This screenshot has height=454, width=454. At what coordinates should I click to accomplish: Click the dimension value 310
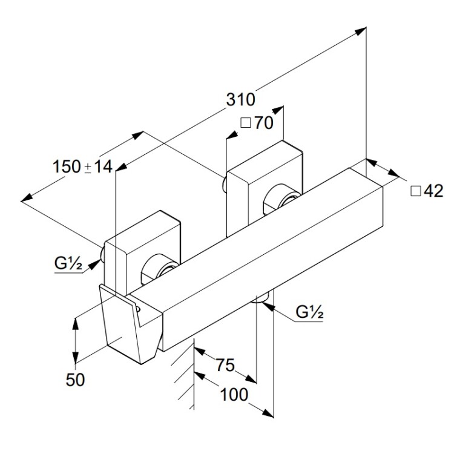pyautogui.click(x=240, y=100)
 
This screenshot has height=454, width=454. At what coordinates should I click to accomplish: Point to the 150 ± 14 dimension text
pyautogui.click(x=83, y=166)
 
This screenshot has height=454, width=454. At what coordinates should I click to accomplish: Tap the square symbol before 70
pyautogui.click(x=246, y=123)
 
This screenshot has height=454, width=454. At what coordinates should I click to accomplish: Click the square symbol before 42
pyautogui.click(x=416, y=191)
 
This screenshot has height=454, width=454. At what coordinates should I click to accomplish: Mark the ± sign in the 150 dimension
pyautogui.click(x=87, y=167)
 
